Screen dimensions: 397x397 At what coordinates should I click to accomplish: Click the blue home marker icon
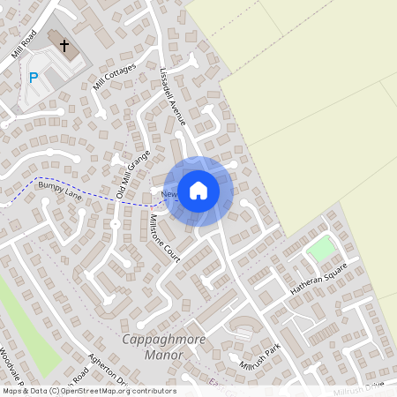tap(198, 191)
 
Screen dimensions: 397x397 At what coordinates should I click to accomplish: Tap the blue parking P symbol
tap(34, 78)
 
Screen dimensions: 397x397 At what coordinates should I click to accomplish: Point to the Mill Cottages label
tap(114, 77)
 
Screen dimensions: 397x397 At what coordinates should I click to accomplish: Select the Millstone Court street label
tap(165, 232)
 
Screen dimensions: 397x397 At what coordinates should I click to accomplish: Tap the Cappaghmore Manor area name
tap(153, 347)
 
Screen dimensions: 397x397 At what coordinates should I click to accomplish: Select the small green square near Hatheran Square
tap(321, 250)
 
